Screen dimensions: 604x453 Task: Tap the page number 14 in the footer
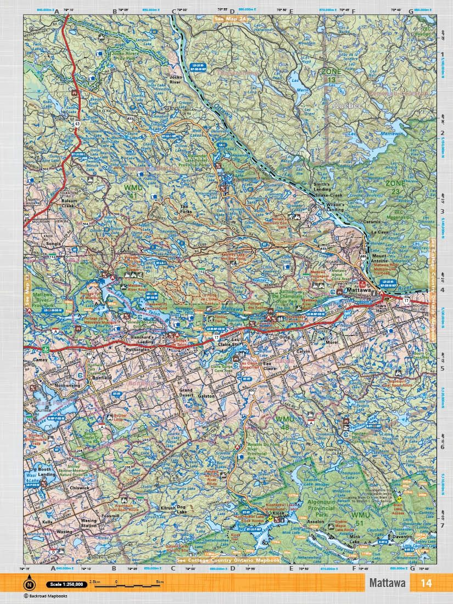point(427,583)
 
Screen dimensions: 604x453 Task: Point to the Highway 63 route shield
point(77,125)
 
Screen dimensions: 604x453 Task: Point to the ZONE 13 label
point(331,76)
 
